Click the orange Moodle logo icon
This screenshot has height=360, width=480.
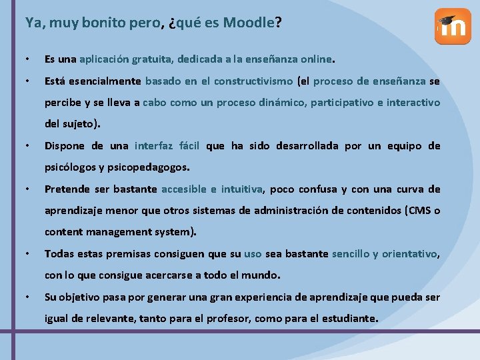pos(453,27)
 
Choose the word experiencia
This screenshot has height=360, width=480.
pos(246,297)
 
